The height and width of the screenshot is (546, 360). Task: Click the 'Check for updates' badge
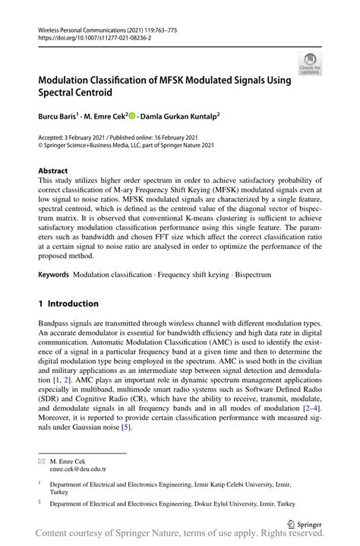click(x=311, y=64)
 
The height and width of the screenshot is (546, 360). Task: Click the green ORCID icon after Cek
click(x=131, y=117)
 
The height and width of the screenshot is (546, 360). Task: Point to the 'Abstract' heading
click(x=53, y=171)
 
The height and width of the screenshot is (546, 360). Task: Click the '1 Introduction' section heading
click(x=68, y=303)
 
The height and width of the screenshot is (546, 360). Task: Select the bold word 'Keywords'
click(x=54, y=273)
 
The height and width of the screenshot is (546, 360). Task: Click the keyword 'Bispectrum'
click(x=249, y=273)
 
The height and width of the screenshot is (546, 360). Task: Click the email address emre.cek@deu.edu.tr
click(x=78, y=469)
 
